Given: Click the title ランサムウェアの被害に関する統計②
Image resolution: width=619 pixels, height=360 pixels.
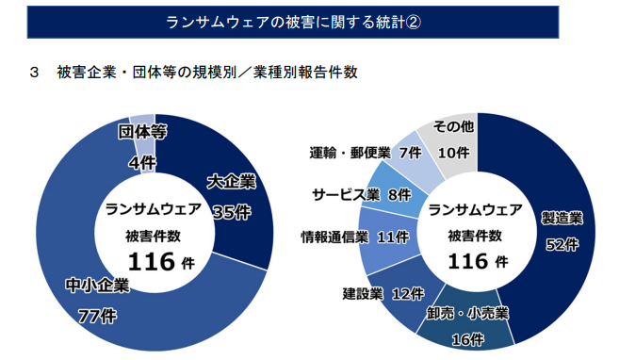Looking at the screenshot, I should coord(293,24).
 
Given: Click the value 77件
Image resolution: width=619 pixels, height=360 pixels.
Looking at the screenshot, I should coord(96,316).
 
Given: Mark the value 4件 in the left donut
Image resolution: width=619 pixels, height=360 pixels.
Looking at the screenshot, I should coord(143,163).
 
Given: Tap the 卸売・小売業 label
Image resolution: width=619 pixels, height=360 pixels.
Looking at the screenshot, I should coord(467,313).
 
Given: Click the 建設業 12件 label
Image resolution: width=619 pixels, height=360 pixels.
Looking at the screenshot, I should coord(383,293).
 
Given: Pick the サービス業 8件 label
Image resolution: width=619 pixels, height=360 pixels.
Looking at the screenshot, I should coord(361,194).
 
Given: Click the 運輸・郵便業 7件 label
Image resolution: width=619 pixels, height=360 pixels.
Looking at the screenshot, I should coord(365,152).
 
